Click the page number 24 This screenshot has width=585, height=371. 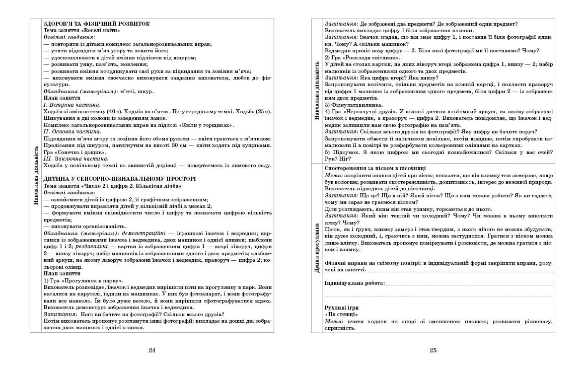pyautogui.click(x=152, y=351)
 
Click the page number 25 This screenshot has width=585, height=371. pyautogui.click(x=433, y=351)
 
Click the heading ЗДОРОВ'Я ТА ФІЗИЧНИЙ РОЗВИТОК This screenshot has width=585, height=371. pyautogui.click(x=96, y=24)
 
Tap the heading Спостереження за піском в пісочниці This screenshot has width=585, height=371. pyautogui.click(x=376, y=167)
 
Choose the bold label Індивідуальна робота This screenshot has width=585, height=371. pyautogui.click(x=354, y=283)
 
